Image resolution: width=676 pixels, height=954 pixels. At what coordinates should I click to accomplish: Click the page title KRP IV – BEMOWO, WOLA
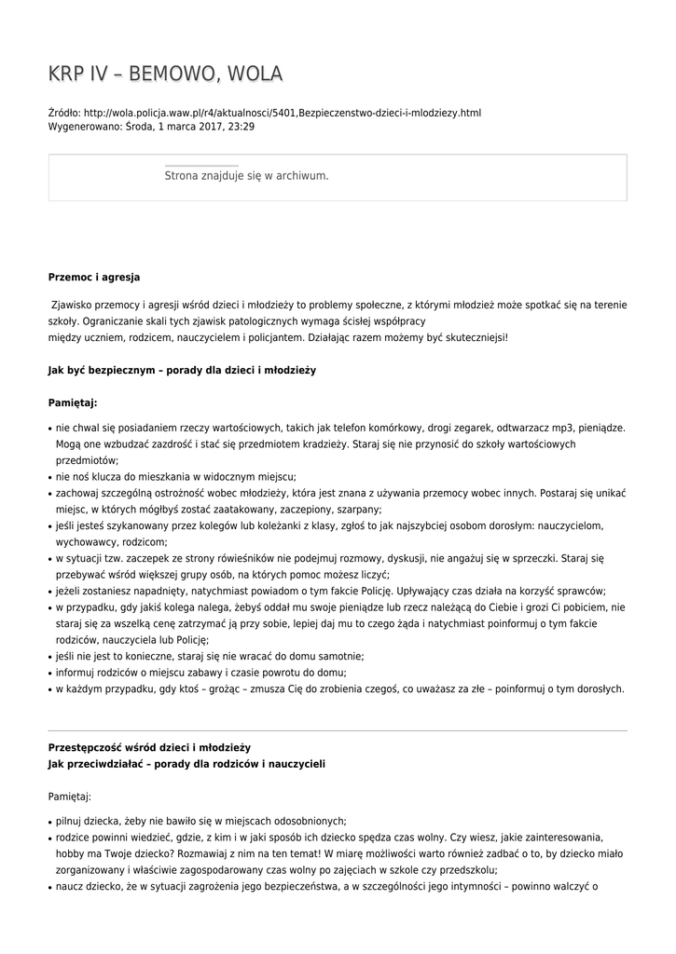[165, 75]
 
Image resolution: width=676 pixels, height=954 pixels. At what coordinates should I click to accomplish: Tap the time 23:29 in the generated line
[241, 127]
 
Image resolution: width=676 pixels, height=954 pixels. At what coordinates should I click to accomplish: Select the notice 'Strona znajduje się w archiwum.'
[246, 175]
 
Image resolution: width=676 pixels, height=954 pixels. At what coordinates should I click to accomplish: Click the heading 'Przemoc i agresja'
[94, 277]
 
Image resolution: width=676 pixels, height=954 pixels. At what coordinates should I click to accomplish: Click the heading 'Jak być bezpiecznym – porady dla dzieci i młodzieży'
[182, 370]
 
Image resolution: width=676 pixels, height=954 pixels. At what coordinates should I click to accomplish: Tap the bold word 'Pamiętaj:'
[73, 403]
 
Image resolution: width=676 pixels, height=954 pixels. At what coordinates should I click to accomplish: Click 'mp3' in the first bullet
[526, 428]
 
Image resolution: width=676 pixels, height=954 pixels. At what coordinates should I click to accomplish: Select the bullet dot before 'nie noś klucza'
[49, 477]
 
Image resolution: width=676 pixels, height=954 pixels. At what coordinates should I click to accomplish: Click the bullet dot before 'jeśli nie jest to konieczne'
[49, 657]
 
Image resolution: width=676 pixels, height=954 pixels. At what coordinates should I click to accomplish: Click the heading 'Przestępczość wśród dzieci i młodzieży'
[149, 747]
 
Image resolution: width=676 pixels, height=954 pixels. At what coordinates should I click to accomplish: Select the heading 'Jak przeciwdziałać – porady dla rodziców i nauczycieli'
[186, 764]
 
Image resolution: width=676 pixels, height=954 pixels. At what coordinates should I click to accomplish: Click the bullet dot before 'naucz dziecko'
[49, 887]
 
